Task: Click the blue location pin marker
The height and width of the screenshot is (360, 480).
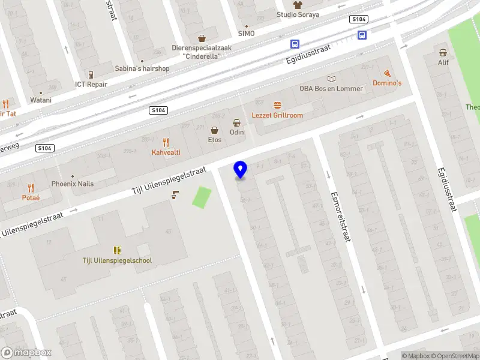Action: [241, 170]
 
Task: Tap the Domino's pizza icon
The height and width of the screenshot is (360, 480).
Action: [387, 73]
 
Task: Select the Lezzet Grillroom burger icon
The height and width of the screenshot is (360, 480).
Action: [277, 105]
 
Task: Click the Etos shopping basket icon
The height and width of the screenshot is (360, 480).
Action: [214, 130]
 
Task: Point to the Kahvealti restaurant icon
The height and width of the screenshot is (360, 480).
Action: [166, 142]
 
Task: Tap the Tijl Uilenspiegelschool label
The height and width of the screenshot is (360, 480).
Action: [117, 260]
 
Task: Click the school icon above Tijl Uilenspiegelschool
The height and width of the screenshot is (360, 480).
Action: [117, 250]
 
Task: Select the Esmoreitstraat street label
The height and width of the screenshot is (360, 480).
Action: [340, 217]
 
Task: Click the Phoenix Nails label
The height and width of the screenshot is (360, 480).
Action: [72, 184]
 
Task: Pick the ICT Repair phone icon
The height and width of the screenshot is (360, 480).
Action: [91, 74]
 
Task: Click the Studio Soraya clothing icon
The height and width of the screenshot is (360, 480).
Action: [297, 4]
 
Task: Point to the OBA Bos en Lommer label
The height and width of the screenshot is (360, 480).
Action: [331, 88]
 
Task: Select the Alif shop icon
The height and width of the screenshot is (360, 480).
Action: [443, 52]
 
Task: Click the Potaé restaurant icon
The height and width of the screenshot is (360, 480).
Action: [31, 188]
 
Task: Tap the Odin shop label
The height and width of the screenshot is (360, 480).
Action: [237, 131]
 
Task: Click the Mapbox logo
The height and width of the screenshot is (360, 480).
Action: [26, 353]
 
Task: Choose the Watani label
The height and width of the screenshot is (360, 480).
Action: [41, 100]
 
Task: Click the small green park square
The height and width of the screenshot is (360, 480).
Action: [202, 197]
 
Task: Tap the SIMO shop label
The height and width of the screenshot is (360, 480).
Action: [246, 34]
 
